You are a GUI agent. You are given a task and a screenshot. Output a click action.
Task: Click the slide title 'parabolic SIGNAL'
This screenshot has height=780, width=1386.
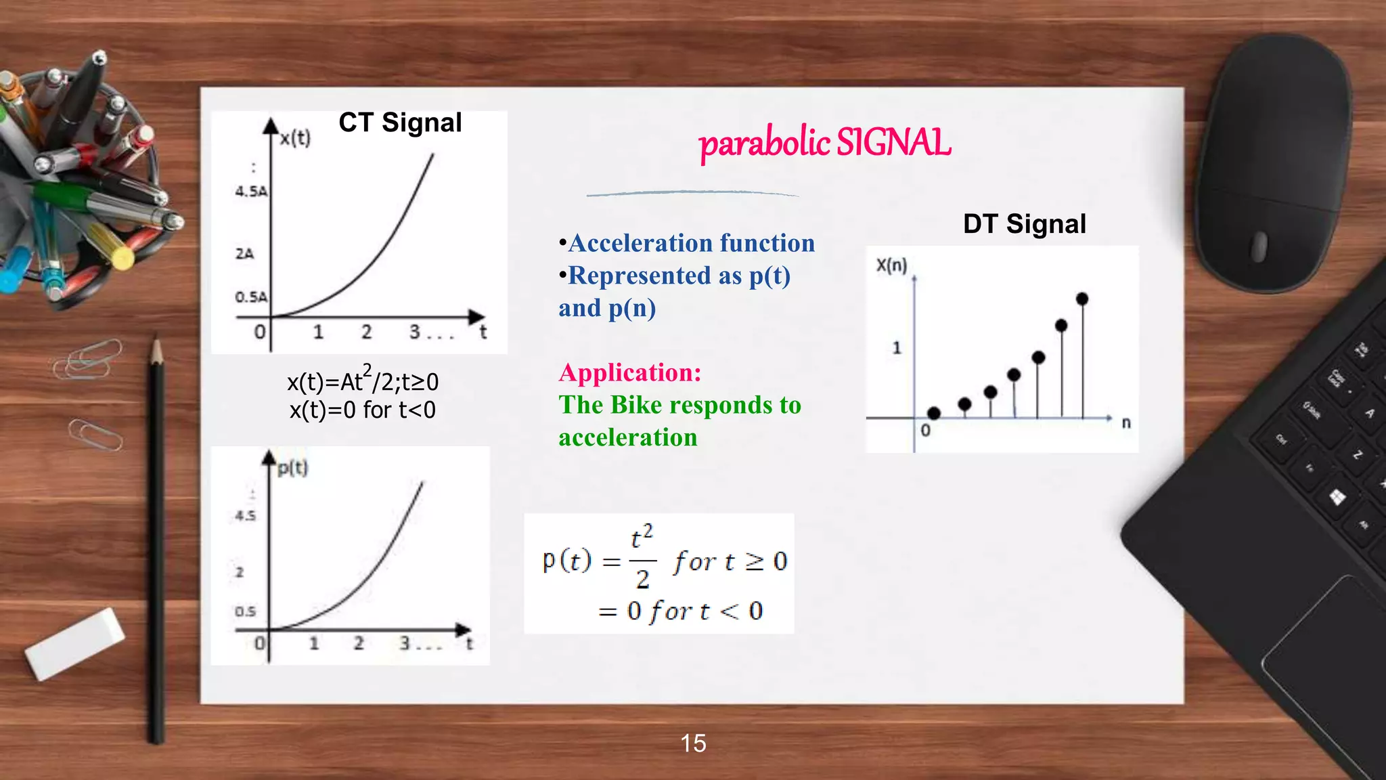tap(824, 143)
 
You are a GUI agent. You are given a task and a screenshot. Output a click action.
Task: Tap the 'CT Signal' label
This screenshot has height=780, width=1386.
tap(400, 123)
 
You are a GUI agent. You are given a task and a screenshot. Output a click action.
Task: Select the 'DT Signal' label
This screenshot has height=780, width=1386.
tap(1024, 224)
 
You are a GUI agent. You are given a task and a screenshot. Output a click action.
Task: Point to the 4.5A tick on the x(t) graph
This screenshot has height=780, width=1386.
tap(251, 192)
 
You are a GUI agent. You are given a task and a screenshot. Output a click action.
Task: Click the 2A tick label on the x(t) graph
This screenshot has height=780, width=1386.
tap(244, 254)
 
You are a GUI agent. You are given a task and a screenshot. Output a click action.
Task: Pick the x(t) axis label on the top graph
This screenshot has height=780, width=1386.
tap(295, 138)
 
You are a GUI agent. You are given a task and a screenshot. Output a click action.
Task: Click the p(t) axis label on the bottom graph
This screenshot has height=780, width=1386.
tap(292, 468)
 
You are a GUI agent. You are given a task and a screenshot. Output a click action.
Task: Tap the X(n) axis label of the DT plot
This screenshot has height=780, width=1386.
tap(891, 265)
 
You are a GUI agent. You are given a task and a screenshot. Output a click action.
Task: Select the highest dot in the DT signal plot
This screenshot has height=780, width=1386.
tap(1081, 299)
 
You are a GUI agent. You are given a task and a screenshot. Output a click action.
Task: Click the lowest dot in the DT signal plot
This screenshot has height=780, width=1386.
tap(934, 412)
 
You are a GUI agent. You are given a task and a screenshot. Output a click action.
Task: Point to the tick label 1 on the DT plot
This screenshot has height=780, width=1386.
tap(897, 348)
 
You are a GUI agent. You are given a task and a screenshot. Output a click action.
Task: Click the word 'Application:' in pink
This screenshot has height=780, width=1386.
tap(629, 372)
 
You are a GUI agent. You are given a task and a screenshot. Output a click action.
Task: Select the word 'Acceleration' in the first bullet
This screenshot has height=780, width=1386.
tap(640, 243)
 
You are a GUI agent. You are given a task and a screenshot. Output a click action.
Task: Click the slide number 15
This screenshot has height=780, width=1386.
tap(693, 743)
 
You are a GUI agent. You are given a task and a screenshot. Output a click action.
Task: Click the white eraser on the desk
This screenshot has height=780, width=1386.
tap(74, 643)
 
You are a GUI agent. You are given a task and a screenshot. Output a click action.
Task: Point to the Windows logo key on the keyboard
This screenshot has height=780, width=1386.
tap(1337, 498)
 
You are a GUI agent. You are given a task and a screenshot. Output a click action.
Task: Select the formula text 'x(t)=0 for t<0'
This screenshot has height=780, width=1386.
tap(363, 410)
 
